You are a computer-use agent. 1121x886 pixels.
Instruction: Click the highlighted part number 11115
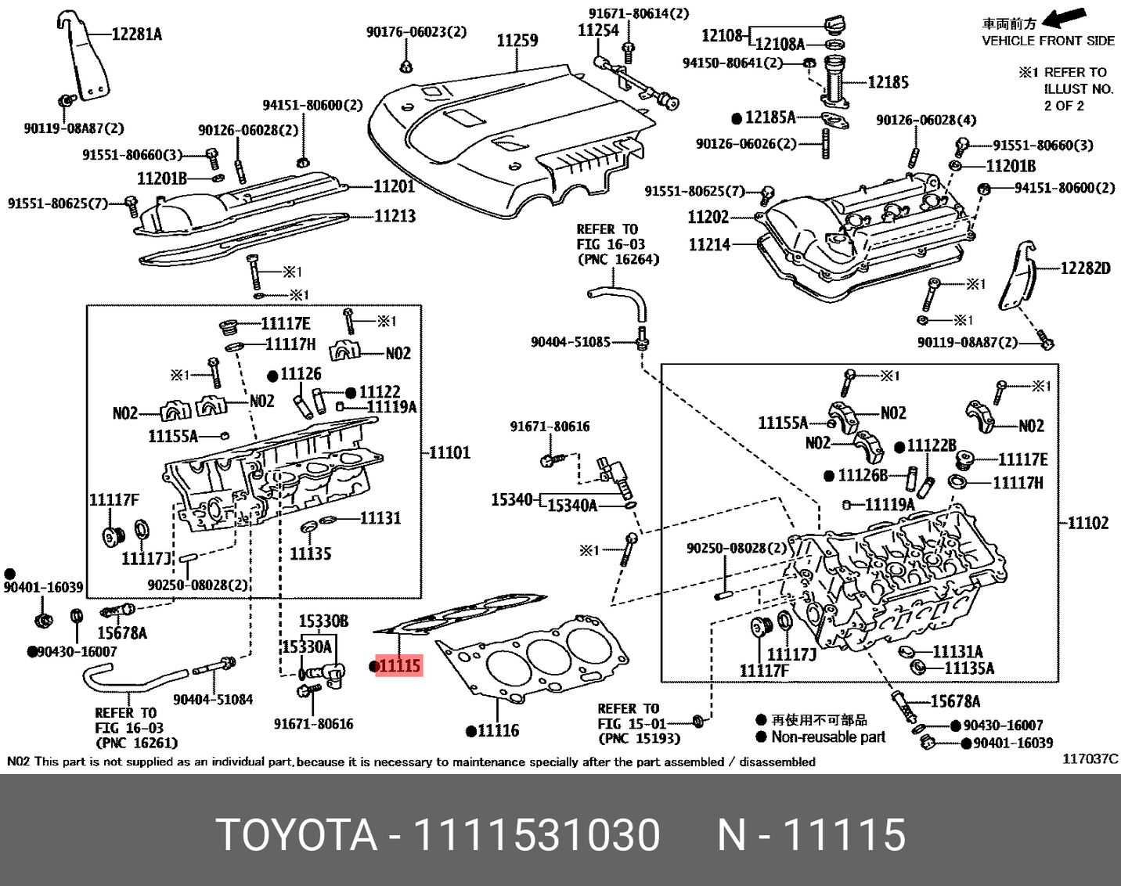[399, 666]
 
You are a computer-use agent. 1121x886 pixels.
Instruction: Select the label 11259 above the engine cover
[517, 40]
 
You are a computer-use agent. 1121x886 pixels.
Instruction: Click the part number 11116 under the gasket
[497, 731]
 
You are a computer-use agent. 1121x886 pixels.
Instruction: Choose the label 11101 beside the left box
[450, 452]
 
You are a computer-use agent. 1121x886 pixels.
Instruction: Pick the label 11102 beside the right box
[1088, 523]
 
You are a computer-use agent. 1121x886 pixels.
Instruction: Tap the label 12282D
[1085, 268]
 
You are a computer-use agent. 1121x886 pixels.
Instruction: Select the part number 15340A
[571, 506]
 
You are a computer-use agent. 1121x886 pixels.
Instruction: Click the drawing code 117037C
[1090, 758]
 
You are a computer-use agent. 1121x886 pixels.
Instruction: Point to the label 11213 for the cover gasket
[395, 216]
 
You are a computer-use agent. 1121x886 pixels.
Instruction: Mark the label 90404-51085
[570, 342]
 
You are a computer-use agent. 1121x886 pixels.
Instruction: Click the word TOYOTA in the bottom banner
[297, 834]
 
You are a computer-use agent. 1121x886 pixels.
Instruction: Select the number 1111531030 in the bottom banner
[535, 834]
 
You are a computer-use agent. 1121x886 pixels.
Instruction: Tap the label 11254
[598, 31]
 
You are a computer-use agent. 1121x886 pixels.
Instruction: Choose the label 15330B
[323, 621]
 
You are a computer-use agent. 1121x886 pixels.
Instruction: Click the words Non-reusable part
[828, 737]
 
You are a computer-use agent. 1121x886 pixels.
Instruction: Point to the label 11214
[709, 245]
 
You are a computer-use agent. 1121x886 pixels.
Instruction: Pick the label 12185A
[770, 117]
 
